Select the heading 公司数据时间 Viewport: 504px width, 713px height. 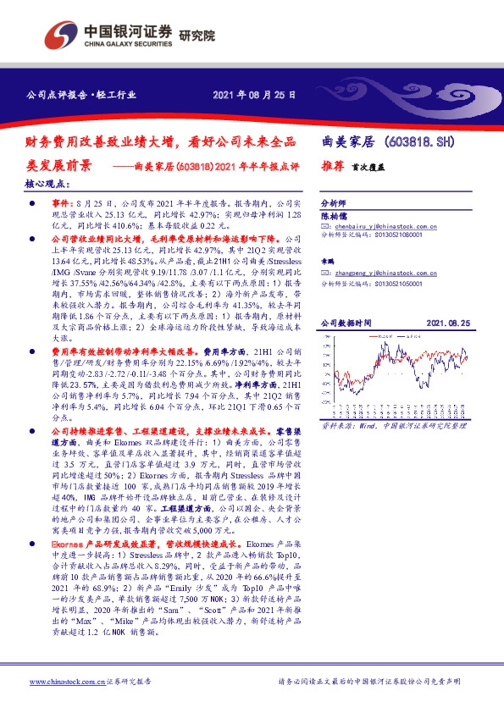[344, 323]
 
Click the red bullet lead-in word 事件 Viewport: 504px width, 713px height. [62, 205]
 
